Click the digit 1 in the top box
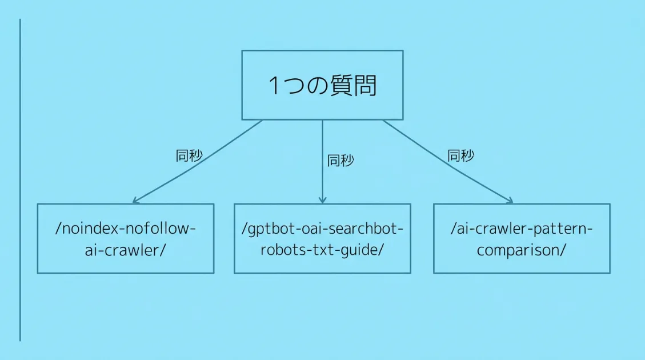coord(275,86)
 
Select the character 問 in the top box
coord(365,86)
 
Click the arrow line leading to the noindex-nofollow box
coord(198,161)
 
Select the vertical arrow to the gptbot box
coord(322,160)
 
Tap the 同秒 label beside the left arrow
coord(189,156)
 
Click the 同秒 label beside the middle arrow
coord(340,161)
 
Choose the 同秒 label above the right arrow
coord(460,155)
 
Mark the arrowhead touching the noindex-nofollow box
coord(135,201)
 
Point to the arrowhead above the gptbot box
coord(322,200)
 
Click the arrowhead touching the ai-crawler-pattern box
coord(509,201)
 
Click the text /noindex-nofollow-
coord(126,229)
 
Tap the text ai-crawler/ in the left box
coord(125,250)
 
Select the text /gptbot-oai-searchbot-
coord(322,229)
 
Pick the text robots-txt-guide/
coord(322,250)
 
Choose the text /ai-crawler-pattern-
coord(522,229)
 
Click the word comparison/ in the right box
coord(522,250)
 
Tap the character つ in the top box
coord(297,86)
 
